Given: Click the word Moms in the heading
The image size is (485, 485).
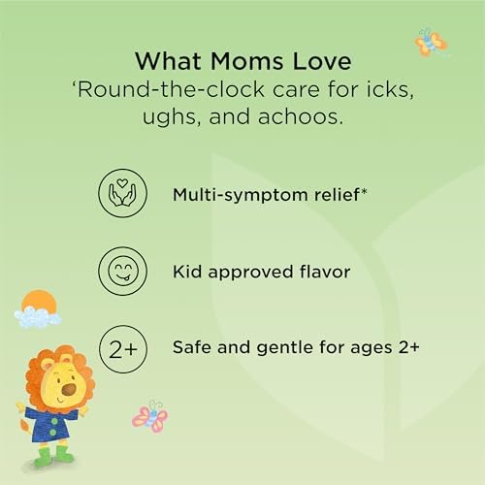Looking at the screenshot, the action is (247, 61).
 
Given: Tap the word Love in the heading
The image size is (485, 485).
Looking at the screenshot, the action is (322, 61).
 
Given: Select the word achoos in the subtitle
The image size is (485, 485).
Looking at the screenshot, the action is (301, 116).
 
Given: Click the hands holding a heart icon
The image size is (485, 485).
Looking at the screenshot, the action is (122, 193).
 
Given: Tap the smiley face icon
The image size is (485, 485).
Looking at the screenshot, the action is (122, 271).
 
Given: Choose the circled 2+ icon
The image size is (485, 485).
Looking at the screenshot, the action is (123, 349).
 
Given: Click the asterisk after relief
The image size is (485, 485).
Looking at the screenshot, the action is (364, 192).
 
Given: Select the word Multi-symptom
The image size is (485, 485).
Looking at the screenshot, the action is (241, 195).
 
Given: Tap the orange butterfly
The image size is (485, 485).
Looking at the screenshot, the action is (431, 43).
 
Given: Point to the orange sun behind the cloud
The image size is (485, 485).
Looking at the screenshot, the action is (39, 301).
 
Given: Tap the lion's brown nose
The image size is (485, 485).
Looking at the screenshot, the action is (69, 389).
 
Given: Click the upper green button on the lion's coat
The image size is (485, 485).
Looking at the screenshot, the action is (54, 422).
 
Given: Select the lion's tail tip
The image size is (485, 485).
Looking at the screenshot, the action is (23, 425).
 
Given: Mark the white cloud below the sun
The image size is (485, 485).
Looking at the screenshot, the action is (37, 317).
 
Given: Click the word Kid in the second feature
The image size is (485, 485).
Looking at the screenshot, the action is (187, 272).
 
